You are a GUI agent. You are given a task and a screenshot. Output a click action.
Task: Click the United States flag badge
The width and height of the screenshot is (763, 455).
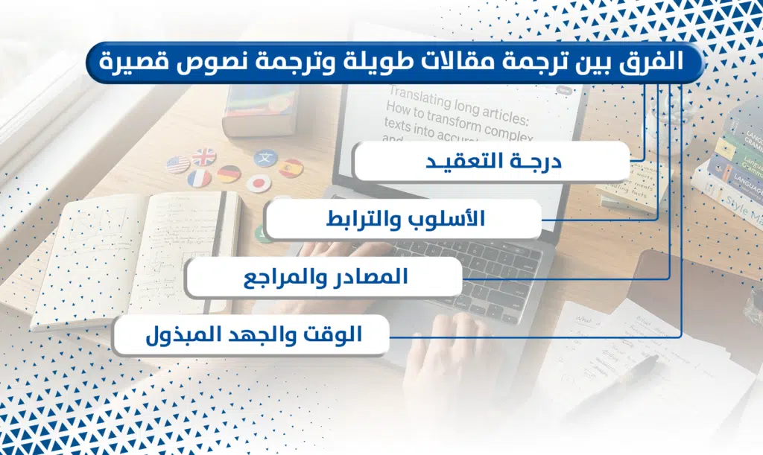click(178, 164)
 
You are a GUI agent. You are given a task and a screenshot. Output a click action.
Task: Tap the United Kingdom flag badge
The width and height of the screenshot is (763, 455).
click(203, 156)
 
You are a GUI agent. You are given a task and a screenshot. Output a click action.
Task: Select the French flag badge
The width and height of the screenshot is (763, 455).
click(199, 179)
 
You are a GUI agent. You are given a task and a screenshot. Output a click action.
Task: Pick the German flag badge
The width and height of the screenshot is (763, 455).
click(229, 174)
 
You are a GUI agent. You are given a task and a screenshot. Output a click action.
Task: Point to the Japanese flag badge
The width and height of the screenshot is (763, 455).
click(259, 182)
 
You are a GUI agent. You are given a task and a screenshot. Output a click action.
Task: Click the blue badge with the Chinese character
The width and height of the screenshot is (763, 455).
click(266, 157)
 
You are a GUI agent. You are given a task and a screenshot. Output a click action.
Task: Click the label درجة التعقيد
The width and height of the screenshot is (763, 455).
click(492, 162)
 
